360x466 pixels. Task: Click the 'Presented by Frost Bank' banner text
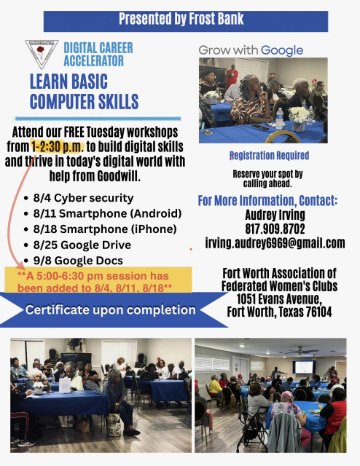pyautogui.click(x=181, y=19)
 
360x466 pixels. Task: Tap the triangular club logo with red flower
pyautogui.click(x=42, y=54)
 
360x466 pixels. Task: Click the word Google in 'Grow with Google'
pyautogui.click(x=282, y=51)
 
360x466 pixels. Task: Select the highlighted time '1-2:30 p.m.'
pyautogui.click(x=58, y=146)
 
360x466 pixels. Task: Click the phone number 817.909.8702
pyautogui.click(x=275, y=229)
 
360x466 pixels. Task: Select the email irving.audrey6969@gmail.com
pyautogui.click(x=275, y=243)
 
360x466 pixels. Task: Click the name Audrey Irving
pyautogui.click(x=275, y=215)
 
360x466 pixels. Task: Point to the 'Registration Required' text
pyautogui.click(x=269, y=155)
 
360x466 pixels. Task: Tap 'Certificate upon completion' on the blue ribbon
pyautogui.click(x=111, y=310)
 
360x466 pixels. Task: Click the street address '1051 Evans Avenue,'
pyautogui.click(x=279, y=299)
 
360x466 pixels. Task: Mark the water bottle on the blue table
pyautogui.click(x=279, y=118)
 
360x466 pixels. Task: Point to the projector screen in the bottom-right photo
pyautogui.click(x=303, y=367)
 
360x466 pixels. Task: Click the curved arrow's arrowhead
pyautogui.click(x=20, y=265)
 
